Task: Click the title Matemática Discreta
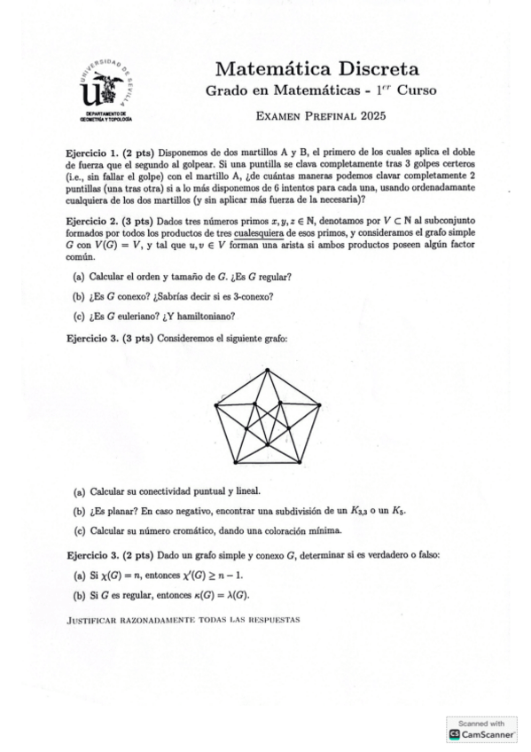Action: click(x=317, y=69)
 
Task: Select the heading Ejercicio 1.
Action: click(x=92, y=153)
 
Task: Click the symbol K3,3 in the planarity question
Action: click(x=360, y=512)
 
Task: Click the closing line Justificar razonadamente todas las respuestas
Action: click(x=184, y=619)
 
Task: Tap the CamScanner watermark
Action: click(x=484, y=729)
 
